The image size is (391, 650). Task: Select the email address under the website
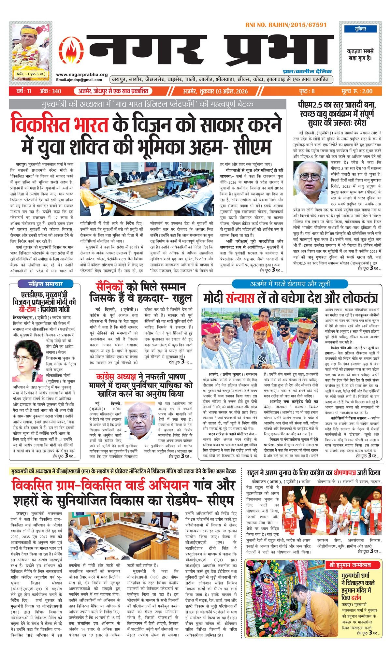pos(79,80)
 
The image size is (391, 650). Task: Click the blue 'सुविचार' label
pos(360,29)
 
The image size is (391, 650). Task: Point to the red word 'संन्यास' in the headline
pos(240,298)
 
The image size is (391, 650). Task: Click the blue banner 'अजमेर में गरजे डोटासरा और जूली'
pos(290,284)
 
